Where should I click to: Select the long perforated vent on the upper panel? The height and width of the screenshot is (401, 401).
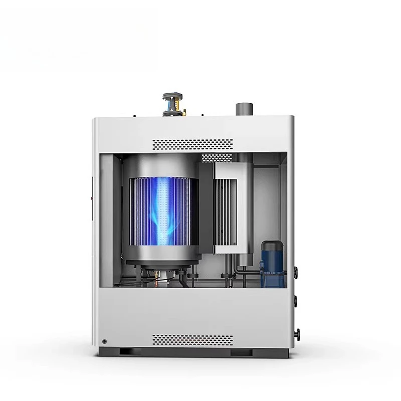point(192,144)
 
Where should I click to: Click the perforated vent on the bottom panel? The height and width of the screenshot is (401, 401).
point(192,339)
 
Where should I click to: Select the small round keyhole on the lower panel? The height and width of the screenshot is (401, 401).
point(104,341)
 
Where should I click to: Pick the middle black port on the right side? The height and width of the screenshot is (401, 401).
point(296,302)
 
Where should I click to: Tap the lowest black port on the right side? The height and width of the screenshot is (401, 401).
point(297,332)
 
